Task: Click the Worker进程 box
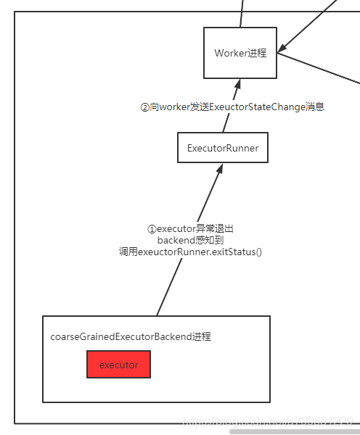click(240, 53)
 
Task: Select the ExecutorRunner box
click(223, 148)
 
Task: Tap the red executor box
click(118, 365)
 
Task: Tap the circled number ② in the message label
click(144, 107)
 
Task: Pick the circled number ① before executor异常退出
click(152, 228)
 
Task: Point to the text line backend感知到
click(189, 240)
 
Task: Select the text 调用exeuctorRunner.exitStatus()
click(189, 252)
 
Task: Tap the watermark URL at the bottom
click(269, 421)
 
